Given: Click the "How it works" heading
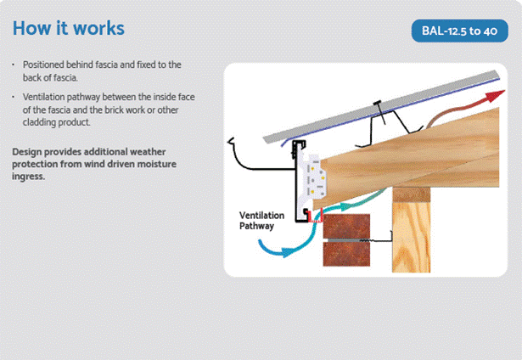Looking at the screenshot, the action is tap(69, 28).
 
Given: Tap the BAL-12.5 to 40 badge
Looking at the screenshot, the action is tap(460, 31).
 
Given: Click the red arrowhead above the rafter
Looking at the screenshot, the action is tap(496, 96).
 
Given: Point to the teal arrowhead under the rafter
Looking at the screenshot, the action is tap(345, 206).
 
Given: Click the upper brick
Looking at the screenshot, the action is tap(346, 226).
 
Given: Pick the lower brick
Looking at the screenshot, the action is tap(346, 254).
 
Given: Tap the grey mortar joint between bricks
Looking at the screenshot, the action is tap(346, 240).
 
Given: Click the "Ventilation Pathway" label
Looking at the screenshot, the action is tap(261, 221).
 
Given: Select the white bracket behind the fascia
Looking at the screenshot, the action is tap(312, 180).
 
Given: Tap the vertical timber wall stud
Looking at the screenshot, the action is tap(412, 237).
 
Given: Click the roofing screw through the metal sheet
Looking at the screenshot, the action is tap(381, 112).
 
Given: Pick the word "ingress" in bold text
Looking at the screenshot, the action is tap(28, 176).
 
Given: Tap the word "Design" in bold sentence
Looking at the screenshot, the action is tap(27, 152).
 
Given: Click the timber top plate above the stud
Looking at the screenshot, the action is tap(412, 194).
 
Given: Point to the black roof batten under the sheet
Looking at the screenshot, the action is tap(390, 128).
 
